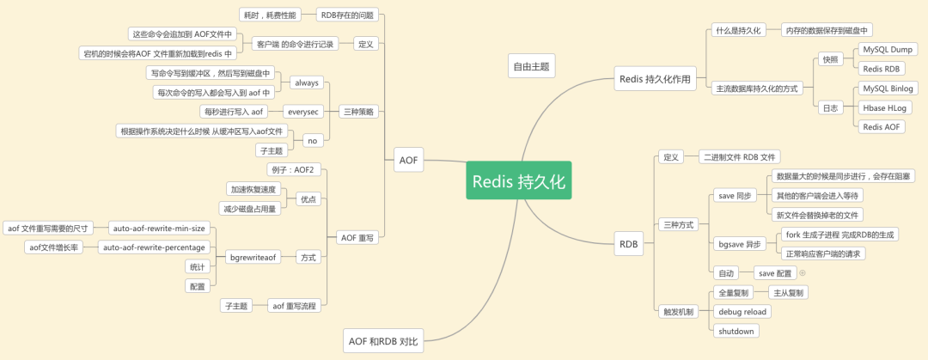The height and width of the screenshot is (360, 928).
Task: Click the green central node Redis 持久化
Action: point(519,181)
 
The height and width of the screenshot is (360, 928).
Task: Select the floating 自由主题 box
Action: point(531,65)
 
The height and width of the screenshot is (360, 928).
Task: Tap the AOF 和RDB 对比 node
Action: point(383,341)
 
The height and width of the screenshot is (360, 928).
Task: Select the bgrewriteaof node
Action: point(253,257)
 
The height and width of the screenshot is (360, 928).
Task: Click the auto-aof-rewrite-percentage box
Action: point(153,247)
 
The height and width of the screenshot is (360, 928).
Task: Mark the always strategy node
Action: point(307,82)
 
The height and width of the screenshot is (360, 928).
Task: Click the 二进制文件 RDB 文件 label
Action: point(740,157)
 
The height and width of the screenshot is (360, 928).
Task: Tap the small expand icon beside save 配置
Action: point(803,273)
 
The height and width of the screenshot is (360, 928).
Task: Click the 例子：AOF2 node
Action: point(291,169)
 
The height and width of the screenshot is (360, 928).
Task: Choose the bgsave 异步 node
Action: point(740,244)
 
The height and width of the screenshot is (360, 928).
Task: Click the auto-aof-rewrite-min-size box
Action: point(159,228)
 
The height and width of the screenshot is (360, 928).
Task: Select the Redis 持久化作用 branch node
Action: point(655,79)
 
